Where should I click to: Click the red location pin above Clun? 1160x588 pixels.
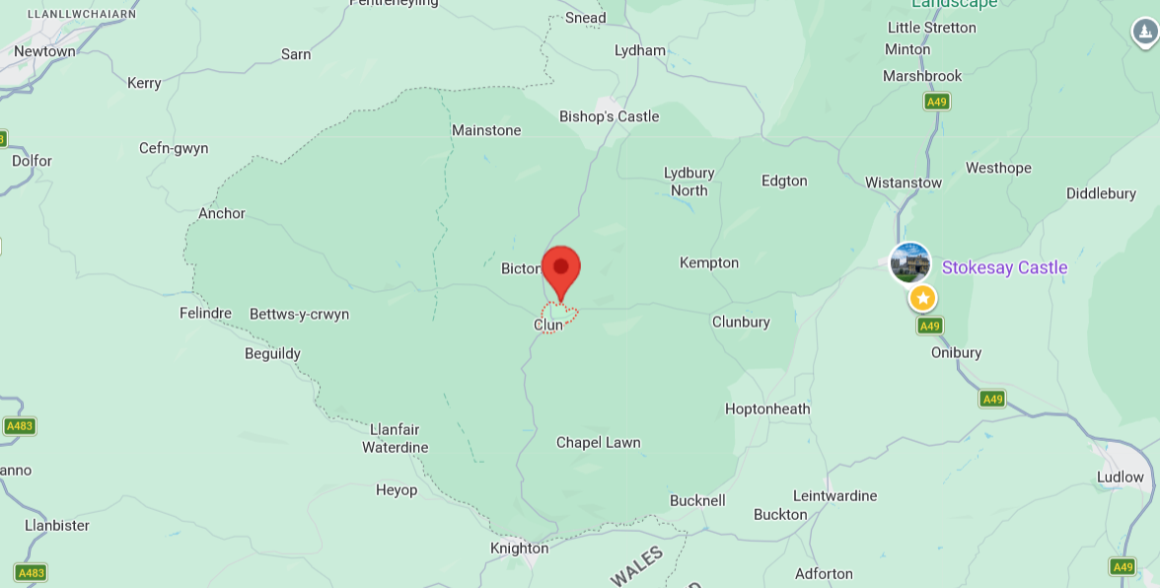pos(561,269)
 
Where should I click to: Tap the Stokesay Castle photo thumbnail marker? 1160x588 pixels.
pos(909,263)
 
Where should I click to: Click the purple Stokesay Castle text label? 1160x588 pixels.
pos(1004,267)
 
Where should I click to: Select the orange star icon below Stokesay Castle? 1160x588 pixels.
pos(922,298)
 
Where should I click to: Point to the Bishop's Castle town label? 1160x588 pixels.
pos(609,116)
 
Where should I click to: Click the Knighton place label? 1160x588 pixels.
pos(519,549)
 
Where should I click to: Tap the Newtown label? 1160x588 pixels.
pos(44,51)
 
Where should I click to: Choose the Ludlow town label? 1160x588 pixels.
pos(1120,477)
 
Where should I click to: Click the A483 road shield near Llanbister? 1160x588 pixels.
pos(31,572)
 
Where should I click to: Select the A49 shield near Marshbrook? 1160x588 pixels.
pos(936,102)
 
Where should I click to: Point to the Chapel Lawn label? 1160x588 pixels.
pos(598,442)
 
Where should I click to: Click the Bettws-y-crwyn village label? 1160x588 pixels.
pos(299,315)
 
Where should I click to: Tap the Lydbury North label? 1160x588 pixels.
pos(689,182)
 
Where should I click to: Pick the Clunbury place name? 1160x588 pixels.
pos(741,322)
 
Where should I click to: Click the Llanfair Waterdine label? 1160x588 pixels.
pos(395,438)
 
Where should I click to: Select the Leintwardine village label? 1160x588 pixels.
pos(835,495)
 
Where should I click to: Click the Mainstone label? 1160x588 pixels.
pos(486,130)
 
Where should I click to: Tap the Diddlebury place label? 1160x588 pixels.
pos(1101,193)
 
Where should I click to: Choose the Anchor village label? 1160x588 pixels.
pos(221,213)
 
